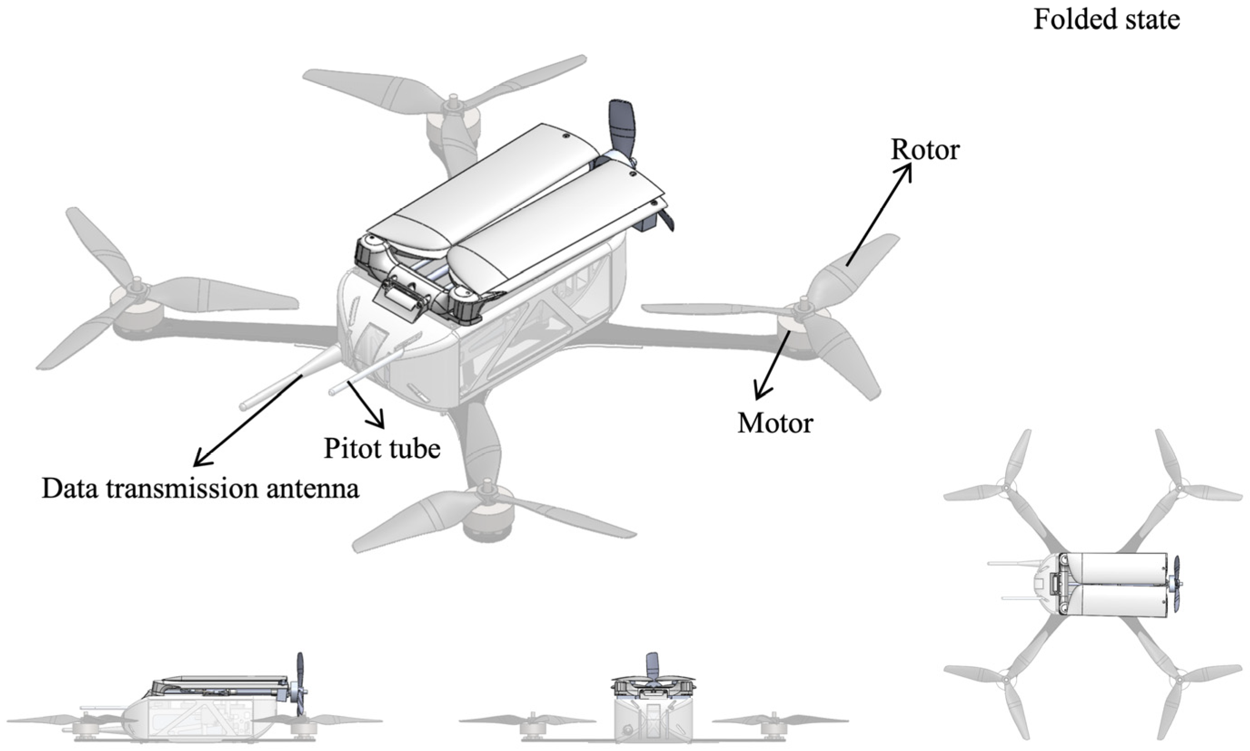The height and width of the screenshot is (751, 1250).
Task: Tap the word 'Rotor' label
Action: pyautogui.click(x=925, y=150)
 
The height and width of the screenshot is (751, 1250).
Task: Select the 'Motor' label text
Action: pyautogui.click(x=775, y=423)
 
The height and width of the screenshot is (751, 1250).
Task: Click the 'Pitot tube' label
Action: pyautogui.click(x=382, y=448)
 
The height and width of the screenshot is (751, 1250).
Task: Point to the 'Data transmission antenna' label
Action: pyautogui.click(x=200, y=489)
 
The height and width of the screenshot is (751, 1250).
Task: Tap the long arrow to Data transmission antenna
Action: pyautogui.click(x=248, y=420)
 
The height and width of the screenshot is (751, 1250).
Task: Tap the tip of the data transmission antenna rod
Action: pyautogui.click(x=244, y=406)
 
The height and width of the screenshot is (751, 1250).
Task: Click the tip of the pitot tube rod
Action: pyautogui.click(x=332, y=391)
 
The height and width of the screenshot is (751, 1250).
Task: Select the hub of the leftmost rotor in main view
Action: pyautogui.click(x=135, y=288)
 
